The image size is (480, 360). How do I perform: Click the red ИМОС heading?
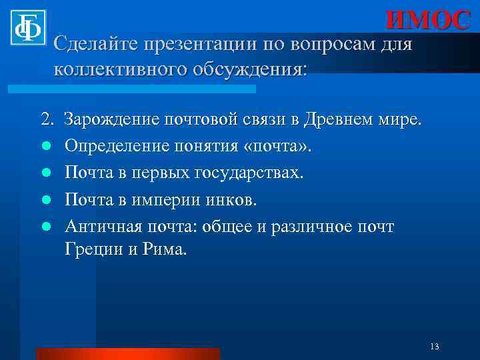click(x=428, y=21)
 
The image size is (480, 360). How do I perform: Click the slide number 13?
click(x=435, y=346)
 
